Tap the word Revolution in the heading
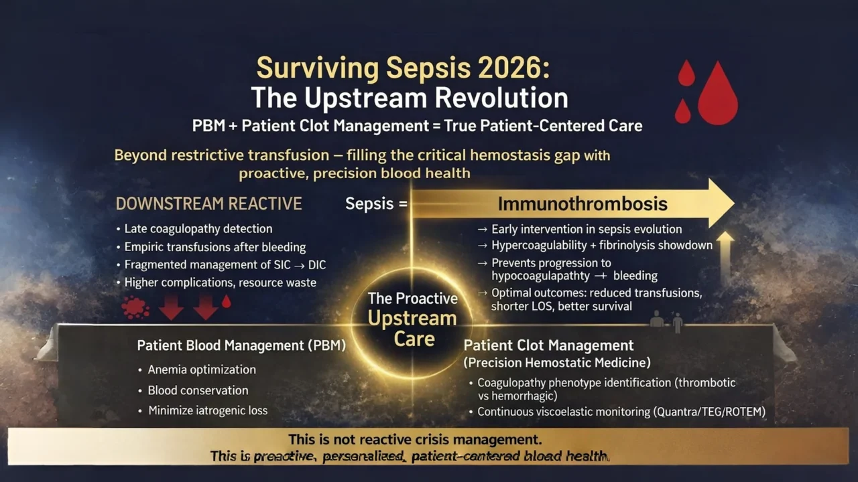tap(502, 98)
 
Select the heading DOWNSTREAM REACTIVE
tap(208, 204)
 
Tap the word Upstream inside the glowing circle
tap(412, 318)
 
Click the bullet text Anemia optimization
tap(202, 370)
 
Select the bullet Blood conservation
tap(198, 390)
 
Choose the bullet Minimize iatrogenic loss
tap(208, 410)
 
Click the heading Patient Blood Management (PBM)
tap(241, 345)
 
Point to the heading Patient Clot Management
tap(548, 345)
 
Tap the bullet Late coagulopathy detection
tap(198, 229)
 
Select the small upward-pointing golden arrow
tap(725, 254)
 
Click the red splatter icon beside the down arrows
tap(135, 307)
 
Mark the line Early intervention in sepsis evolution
tap(587, 229)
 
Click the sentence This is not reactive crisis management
tap(415, 440)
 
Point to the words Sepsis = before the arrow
tap(376, 204)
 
